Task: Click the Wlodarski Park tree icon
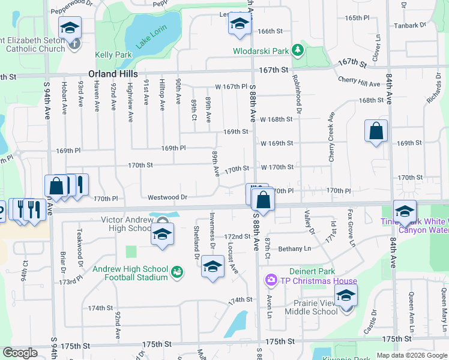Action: click(x=297, y=50)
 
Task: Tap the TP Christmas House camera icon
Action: click(x=271, y=280)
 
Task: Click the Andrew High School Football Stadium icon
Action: click(x=176, y=273)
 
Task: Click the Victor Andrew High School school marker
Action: click(x=161, y=235)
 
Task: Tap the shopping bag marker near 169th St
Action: click(x=376, y=131)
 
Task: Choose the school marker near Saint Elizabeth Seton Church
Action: click(x=70, y=27)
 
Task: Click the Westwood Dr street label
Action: click(x=168, y=197)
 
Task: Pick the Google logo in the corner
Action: click(x=20, y=353)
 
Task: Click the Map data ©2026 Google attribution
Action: click(x=411, y=355)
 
